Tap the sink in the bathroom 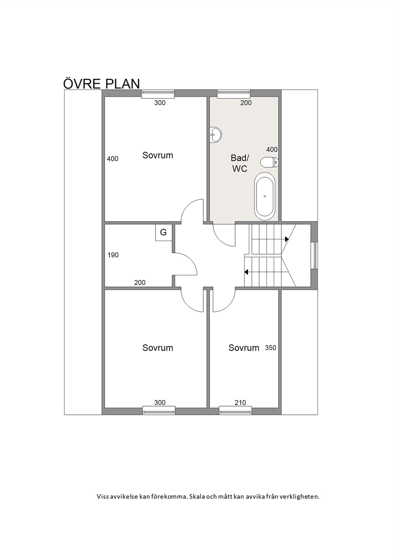tap(215, 135)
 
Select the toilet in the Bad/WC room tap(269, 162)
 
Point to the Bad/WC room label tap(240, 163)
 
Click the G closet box tap(163, 232)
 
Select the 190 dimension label tap(113, 255)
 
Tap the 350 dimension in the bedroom tap(270, 348)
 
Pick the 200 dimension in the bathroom tap(246, 103)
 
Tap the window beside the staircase tap(315, 255)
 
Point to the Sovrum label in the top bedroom tap(158, 155)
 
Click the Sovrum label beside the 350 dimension tap(244, 348)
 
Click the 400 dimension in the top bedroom tap(112, 159)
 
